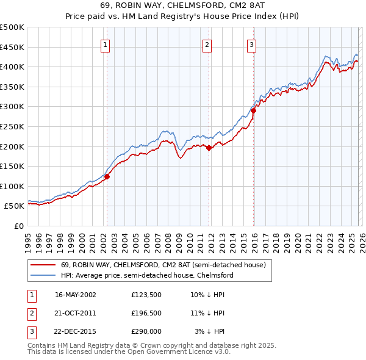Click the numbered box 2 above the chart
(x=207, y=45)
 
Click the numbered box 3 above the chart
(x=251, y=45)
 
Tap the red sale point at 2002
(x=107, y=177)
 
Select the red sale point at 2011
(x=209, y=148)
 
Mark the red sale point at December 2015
(x=254, y=110)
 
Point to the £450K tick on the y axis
(x=12, y=47)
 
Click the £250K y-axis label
(x=12, y=126)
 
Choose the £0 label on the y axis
(x=20, y=226)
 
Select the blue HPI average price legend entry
(x=146, y=275)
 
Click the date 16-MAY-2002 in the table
(x=75, y=294)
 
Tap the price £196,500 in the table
(x=146, y=313)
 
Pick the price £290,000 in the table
(x=146, y=331)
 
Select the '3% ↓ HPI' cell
(x=209, y=331)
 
